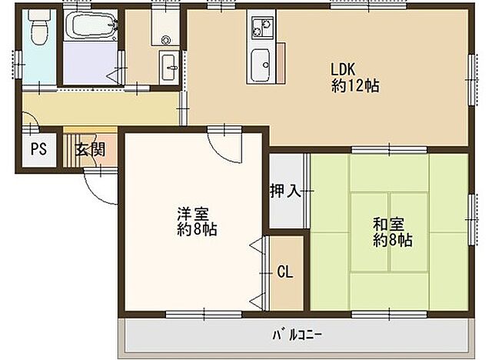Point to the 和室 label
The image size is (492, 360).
tap(388, 225)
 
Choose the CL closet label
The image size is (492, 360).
tap(284, 271)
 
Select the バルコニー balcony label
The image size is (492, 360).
tap(297, 335)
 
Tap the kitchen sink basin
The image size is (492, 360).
tap(259, 58)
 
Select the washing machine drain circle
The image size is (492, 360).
tap(165, 41)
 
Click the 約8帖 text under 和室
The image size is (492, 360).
tap(393, 241)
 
